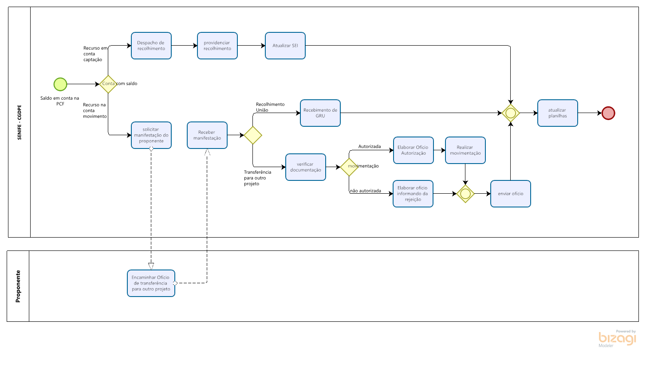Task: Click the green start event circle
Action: click(x=60, y=84)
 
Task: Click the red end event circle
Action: click(x=608, y=113)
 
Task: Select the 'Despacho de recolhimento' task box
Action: click(x=151, y=46)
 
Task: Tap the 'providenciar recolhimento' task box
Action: click(x=217, y=46)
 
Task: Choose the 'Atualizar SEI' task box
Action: click(x=285, y=46)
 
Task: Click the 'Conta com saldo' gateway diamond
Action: click(x=108, y=84)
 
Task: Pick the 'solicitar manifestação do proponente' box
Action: click(x=151, y=135)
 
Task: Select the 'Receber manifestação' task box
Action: click(x=207, y=135)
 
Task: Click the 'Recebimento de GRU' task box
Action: click(x=320, y=113)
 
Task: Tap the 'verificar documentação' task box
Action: click(x=306, y=167)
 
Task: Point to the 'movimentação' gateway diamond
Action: click(x=349, y=167)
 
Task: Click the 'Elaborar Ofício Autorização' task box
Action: click(x=414, y=150)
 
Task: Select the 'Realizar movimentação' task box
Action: click(x=465, y=150)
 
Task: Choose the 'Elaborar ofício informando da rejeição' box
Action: click(x=413, y=194)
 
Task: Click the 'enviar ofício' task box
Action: click(x=511, y=194)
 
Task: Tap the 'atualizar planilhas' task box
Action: click(x=558, y=113)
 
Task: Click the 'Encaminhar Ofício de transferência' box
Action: click(x=151, y=283)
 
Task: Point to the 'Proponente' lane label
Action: click(x=18, y=286)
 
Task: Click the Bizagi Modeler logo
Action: click(x=617, y=339)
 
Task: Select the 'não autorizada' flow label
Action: click(x=366, y=191)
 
